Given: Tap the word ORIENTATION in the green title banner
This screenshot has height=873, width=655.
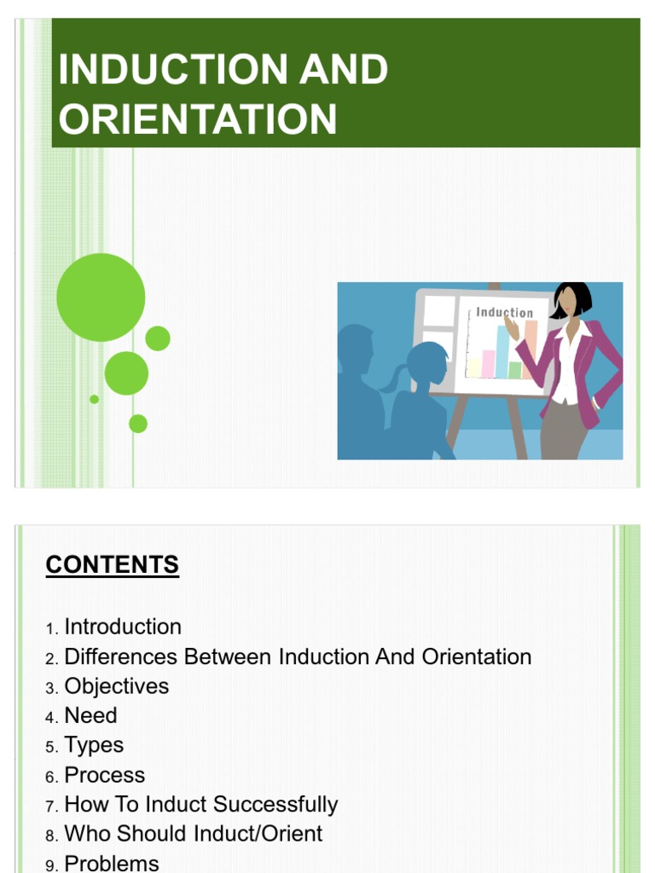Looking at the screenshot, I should (198, 119).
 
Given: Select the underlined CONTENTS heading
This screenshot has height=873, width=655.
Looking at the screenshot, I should (113, 564).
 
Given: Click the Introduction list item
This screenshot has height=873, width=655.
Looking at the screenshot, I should (123, 627).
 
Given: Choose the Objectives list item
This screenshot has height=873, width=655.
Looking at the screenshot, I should (117, 686).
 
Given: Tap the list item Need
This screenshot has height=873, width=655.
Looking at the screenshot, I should (90, 715).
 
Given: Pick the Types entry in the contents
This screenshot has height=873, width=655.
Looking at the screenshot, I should (94, 745).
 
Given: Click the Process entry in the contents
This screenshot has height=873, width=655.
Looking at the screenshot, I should (105, 775).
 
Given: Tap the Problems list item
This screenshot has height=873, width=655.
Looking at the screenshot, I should (112, 862).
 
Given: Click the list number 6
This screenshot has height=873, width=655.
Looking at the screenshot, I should (51, 777).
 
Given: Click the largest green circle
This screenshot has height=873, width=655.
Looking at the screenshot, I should (101, 298).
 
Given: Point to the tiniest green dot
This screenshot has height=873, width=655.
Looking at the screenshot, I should (94, 399).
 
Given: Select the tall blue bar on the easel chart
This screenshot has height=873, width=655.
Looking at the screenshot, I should (503, 351).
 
